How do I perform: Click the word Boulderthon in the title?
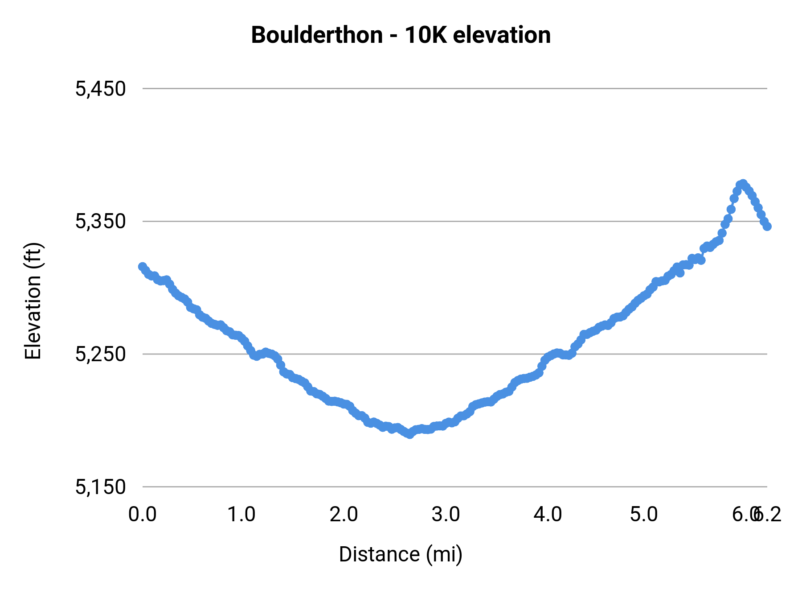tap(317, 35)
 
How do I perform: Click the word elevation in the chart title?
tap(502, 35)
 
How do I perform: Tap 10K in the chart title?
tap(425, 35)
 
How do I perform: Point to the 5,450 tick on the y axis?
tap(101, 89)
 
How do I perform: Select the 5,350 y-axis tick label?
tap(101, 221)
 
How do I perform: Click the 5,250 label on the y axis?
tap(101, 354)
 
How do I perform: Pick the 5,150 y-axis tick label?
tap(101, 487)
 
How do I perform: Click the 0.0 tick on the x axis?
tap(142, 515)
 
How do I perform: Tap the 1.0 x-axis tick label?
tap(241, 515)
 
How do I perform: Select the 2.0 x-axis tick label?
tap(344, 515)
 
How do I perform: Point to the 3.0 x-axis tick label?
tap(446, 515)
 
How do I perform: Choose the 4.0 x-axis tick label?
tap(548, 515)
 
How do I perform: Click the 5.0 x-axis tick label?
tap(644, 515)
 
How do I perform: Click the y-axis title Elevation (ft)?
tap(33, 301)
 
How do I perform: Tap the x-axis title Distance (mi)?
tap(401, 554)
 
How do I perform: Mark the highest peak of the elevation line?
tap(742, 184)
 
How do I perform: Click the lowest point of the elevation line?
tap(409, 434)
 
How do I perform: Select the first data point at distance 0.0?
tap(143, 267)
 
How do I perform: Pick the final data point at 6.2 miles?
tap(767, 227)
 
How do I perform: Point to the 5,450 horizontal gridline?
tap(446, 89)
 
